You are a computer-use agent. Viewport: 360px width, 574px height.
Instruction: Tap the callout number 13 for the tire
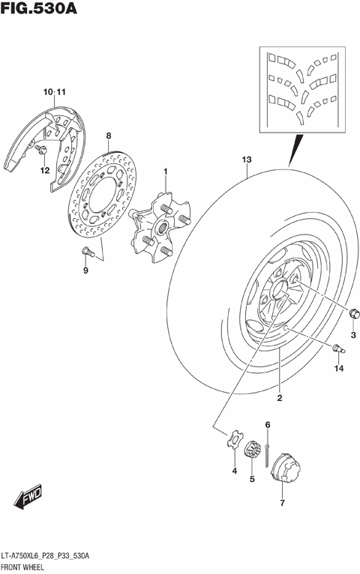point(247,160)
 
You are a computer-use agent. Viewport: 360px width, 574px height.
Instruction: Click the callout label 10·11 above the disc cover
point(55,91)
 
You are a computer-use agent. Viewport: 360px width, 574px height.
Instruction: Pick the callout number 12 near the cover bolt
point(44,170)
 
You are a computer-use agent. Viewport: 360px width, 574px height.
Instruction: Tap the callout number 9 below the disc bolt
point(85,271)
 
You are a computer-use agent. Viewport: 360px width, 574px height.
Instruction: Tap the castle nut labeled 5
point(253,451)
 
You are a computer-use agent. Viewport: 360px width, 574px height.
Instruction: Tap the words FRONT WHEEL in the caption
point(24,566)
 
